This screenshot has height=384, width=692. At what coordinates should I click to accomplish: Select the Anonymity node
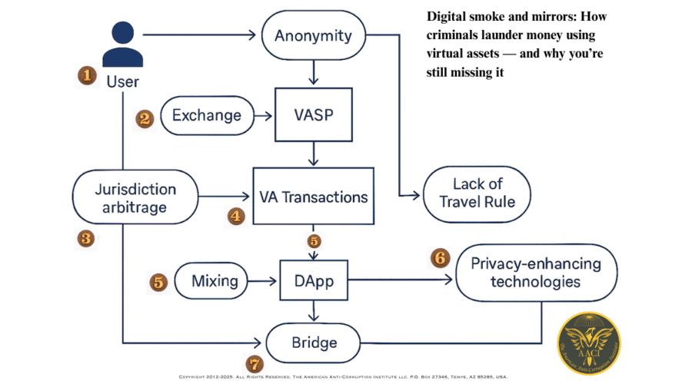313,35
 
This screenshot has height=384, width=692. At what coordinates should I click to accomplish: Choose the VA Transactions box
313,197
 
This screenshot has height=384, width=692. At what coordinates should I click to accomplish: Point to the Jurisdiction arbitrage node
135,198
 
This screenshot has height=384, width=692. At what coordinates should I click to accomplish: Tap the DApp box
313,281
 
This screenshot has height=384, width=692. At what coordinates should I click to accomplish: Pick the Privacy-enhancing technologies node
536,273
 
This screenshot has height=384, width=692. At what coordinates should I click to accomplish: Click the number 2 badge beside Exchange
144,118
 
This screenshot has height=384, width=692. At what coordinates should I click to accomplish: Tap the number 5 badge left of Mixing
158,282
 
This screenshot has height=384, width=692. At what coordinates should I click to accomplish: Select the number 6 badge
440,257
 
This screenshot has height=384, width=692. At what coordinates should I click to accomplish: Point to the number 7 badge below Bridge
254,363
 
